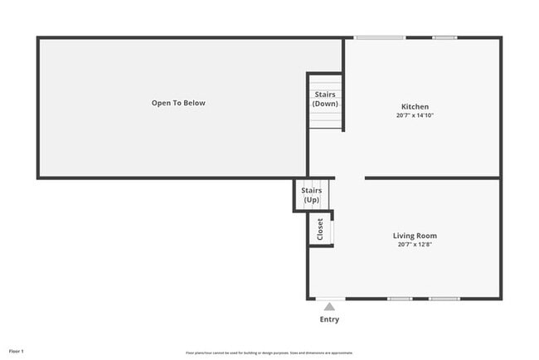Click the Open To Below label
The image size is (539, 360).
[178, 103]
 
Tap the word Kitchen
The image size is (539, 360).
[415, 106]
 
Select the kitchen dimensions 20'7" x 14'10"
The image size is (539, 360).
[415, 115]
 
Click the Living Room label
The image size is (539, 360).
[415, 236]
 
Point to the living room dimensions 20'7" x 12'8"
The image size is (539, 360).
[415, 245]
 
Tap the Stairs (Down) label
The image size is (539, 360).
[325, 99]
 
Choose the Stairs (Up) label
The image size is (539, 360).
[311, 196]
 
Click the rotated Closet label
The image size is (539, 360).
[320, 229]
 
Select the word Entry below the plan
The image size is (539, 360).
[329, 319]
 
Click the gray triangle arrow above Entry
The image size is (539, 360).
[329, 307]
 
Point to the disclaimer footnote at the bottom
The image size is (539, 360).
[269, 352]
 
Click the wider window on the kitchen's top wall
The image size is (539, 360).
[380, 37]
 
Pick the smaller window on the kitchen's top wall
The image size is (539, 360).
[444, 37]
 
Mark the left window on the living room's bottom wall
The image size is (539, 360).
[400, 299]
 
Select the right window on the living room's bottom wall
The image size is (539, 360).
[444, 299]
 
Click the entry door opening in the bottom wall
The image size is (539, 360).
[330, 299]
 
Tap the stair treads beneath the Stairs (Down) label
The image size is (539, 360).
[325, 121]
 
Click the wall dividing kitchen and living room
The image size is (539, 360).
[432, 178]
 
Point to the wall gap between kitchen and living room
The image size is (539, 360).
[349, 178]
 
